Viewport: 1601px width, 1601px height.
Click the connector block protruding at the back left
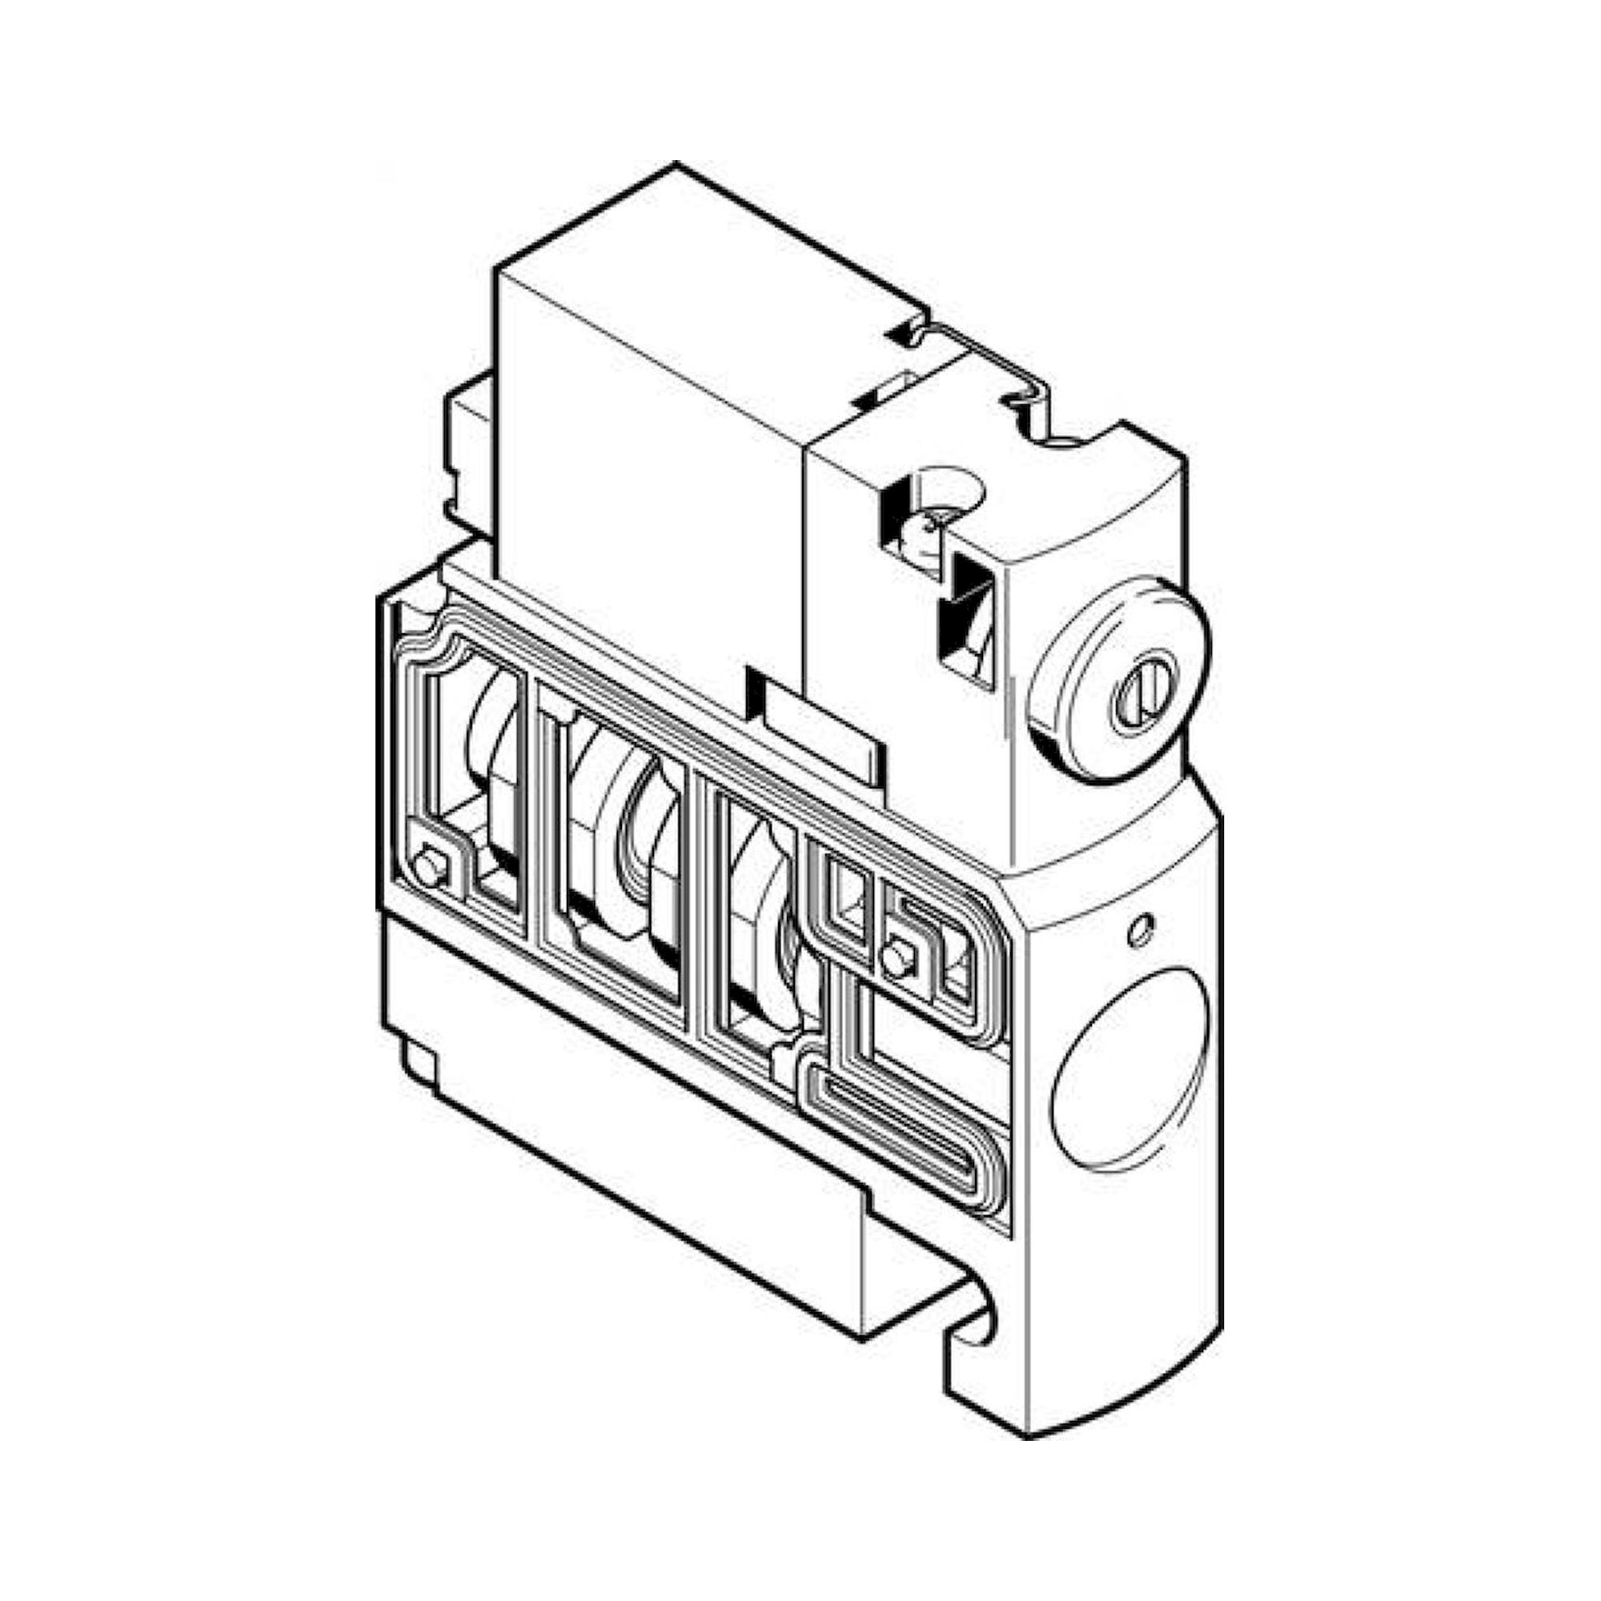(468, 451)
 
